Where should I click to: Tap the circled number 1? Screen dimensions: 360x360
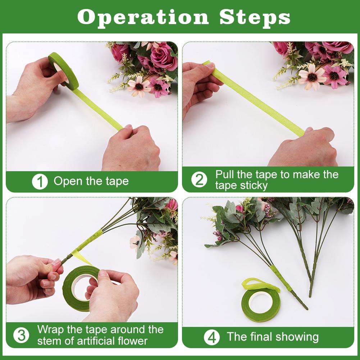[x=40, y=181]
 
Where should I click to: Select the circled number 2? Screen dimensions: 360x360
[x=199, y=180]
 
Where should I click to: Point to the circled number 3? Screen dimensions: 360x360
[x=22, y=335]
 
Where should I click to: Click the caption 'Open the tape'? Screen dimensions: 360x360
[x=91, y=181]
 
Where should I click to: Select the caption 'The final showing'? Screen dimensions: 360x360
[x=273, y=337]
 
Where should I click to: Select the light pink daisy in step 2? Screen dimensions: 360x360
[x=311, y=76]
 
